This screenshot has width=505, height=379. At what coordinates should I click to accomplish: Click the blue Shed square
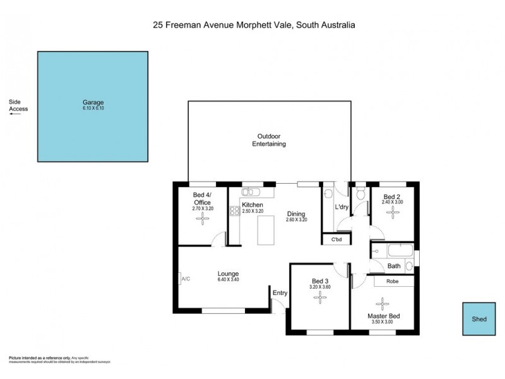pyautogui.click(x=479, y=320)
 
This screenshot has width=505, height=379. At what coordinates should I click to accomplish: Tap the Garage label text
pyautogui.click(x=93, y=102)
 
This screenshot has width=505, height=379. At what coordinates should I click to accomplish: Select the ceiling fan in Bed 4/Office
pyautogui.click(x=204, y=219)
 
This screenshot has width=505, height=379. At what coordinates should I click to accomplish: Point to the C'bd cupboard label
pyautogui.click(x=334, y=239)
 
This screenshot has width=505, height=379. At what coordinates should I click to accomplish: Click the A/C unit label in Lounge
pyautogui.click(x=186, y=279)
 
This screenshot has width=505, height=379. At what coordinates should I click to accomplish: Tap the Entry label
pyautogui.click(x=280, y=292)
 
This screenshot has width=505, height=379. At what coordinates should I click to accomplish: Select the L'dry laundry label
pyautogui.click(x=342, y=207)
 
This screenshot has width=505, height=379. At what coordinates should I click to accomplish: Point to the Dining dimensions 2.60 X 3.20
pyautogui.click(x=296, y=220)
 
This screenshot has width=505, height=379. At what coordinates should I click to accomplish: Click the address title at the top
pyautogui.click(x=254, y=25)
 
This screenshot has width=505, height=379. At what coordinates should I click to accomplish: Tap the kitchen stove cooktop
pyautogui.click(x=233, y=212)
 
